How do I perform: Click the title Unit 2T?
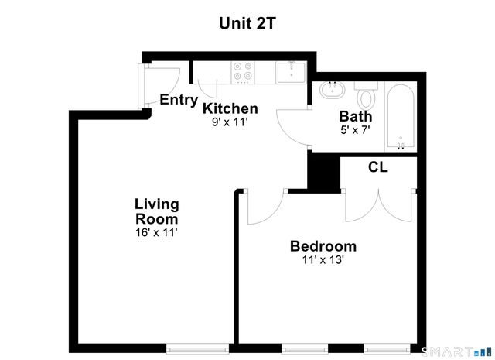(x=247, y=23)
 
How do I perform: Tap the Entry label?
(x=179, y=100)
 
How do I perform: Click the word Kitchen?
(x=230, y=108)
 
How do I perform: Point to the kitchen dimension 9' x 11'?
(x=230, y=122)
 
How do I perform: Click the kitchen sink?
(x=291, y=73)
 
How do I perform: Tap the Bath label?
(x=356, y=117)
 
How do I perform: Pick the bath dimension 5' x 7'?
(x=356, y=130)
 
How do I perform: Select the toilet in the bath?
(x=366, y=97)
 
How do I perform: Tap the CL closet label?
(x=377, y=167)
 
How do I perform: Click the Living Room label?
(x=157, y=211)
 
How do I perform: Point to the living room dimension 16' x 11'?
(x=157, y=231)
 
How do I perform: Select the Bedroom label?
(x=323, y=247)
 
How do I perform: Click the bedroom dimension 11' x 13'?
(x=323, y=261)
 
